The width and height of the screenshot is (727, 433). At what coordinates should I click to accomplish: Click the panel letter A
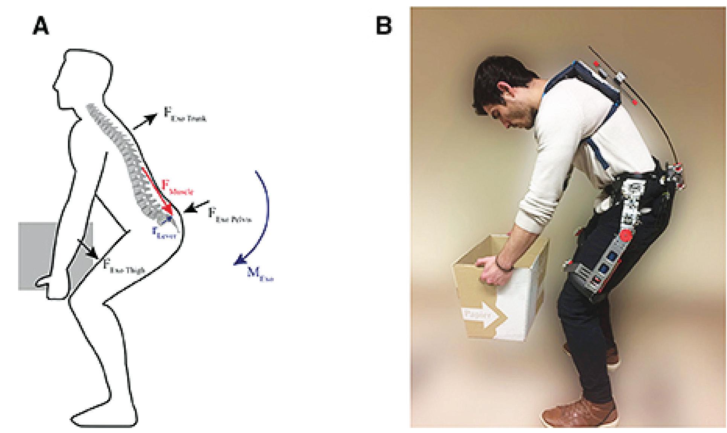click(x=41, y=27)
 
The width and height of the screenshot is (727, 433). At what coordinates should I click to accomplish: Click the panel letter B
click(x=384, y=26)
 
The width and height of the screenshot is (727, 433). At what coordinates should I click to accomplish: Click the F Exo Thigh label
click(x=124, y=266)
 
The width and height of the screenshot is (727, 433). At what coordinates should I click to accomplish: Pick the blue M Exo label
click(x=260, y=275)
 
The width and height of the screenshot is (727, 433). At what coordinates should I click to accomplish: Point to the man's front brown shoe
click(x=580, y=413)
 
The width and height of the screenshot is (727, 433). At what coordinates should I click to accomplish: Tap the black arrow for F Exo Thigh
click(x=88, y=248)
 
